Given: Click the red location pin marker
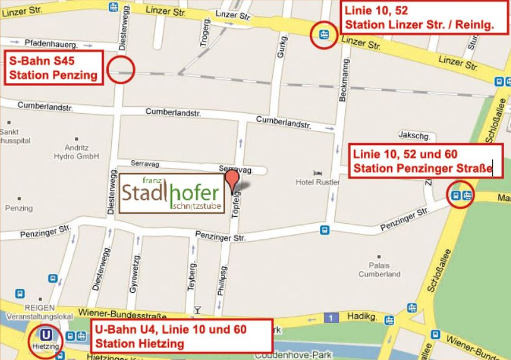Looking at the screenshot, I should point(233,181).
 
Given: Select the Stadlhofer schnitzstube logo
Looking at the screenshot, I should point(172,194).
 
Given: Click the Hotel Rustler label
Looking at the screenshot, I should point(317,182).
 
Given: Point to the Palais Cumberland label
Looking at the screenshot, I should point(379,270).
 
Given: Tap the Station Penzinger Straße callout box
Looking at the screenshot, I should point(426,161).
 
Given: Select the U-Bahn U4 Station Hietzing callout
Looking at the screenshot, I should point(182,336).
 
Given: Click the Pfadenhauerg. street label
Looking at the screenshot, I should point(51,44).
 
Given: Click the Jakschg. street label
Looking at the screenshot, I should point(414,135).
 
